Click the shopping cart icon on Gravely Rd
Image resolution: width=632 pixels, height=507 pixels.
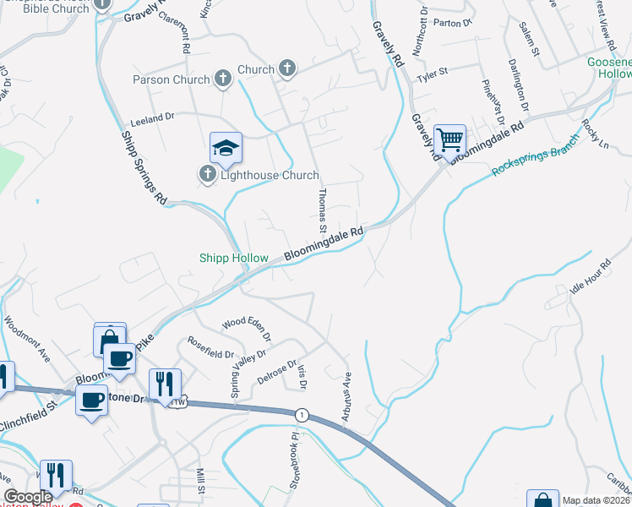(449, 139)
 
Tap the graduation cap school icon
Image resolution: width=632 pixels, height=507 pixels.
(226, 149)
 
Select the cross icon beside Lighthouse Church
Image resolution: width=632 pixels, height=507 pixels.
(208, 176)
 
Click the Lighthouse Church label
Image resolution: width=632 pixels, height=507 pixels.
(270, 176)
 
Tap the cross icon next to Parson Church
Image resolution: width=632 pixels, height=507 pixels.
(223, 79)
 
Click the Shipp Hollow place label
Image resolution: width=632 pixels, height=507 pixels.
(233, 259)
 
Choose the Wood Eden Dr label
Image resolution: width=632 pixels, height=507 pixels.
(247, 328)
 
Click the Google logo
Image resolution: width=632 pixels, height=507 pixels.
(28, 497)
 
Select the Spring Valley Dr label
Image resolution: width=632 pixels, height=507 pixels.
(235, 376)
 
